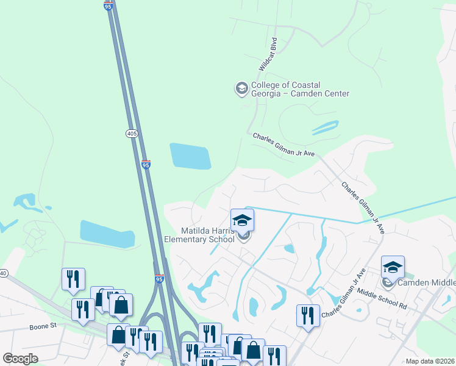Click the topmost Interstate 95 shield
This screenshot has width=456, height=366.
pyautogui.click(x=109, y=5)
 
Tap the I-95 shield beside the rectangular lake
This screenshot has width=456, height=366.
pyautogui.click(x=146, y=164)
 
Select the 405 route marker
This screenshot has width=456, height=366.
pyautogui.click(x=132, y=133)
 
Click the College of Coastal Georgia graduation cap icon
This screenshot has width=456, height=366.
pyautogui.click(x=241, y=89)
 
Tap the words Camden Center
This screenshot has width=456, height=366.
pyautogui.click(x=321, y=94)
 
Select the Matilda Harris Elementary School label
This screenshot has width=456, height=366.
pyautogui.click(x=199, y=235)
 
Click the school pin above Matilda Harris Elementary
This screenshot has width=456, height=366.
pyautogui.click(x=242, y=220)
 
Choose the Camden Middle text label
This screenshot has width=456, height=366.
pyautogui.click(x=427, y=283)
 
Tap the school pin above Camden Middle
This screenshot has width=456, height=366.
pyautogui.click(x=393, y=267)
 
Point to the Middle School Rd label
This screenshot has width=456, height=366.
pyautogui.click(x=382, y=299)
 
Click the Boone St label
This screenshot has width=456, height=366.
pyautogui.click(x=43, y=326)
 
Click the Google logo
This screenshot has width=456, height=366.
pyautogui.click(x=20, y=359)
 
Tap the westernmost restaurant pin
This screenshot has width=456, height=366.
pyautogui.click(x=73, y=279)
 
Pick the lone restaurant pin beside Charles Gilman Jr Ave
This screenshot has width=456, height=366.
pyautogui.click(x=307, y=315)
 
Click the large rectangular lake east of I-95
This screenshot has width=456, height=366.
pyautogui.click(x=190, y=156)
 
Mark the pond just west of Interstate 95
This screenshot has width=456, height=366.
pyautogui.click(x=107, y=234)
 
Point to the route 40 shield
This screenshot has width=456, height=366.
pyautogui.click(x=3, y=273)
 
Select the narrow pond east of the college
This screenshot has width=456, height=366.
pyautogui.click(x=325, y=127)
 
